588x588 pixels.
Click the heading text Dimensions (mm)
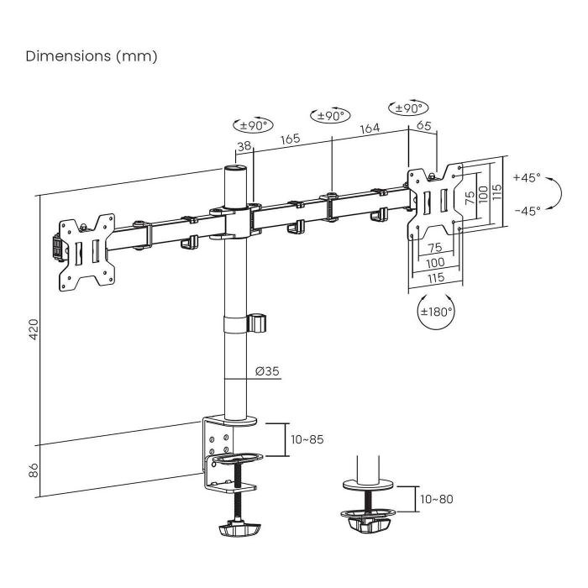click(92, 56)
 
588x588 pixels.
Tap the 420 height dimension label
click(34, 328)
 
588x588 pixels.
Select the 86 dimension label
click(34, 470)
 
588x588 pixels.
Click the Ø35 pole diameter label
click(267, 372)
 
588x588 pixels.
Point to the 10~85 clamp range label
click(307, 439)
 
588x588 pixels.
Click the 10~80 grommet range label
click(436, 499)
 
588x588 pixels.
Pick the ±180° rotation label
click(436, 311)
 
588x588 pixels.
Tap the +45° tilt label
click(527, 178)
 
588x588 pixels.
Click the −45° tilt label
click(527, 211)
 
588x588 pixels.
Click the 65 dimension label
click(423, 126)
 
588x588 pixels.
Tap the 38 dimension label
click(244, 145)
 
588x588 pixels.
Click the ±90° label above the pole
click(253, 125)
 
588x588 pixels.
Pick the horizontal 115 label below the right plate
click(435, 278)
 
